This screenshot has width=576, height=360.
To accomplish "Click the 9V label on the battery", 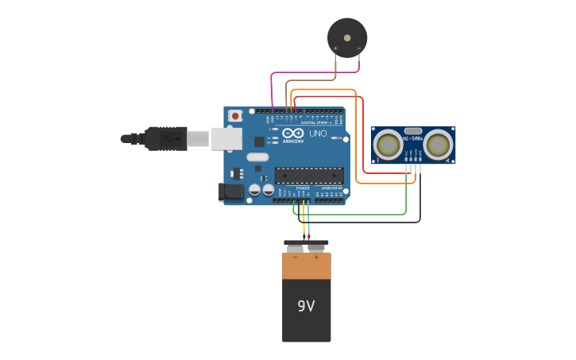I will [x=306, y=306].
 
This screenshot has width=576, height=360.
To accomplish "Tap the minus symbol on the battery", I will [x=296, y=257].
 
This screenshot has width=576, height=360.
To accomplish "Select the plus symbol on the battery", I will [x=316, y=257].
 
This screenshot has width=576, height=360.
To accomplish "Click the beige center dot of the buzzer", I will [x=347, y=37].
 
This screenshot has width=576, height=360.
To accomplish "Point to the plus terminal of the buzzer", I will [x=335, y=49].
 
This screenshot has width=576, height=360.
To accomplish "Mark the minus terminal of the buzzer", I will [x=359, y=49].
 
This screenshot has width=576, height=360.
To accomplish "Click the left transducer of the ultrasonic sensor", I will [x=388, y=145].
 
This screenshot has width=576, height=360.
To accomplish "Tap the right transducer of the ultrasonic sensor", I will [x=438, y=145].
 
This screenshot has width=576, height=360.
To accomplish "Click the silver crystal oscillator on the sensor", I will [x=413, y=131].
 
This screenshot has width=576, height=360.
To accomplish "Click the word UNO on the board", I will [x=318, y=134].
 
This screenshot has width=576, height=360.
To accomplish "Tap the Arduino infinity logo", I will [x=293, y=134].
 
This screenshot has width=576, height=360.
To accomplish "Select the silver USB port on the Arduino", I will [x=226, y=139].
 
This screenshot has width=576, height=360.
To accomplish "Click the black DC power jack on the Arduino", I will [x=231, y=192].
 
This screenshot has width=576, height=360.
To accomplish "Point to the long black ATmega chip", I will [x=309, y=176].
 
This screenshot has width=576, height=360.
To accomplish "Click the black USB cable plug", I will [x=165, y=138].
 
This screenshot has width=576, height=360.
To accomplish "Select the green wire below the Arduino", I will [x=358, y=214].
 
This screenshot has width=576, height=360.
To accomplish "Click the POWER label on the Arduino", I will [x=303, y=188].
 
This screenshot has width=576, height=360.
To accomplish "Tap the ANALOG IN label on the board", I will [x=332, y=188].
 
